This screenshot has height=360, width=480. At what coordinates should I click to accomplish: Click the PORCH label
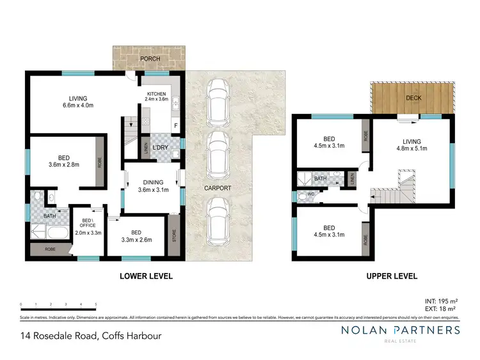pos(150,59)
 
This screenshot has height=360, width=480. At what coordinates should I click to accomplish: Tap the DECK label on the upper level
pos(413,98)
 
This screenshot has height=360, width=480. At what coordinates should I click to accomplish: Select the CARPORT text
pos(218,189)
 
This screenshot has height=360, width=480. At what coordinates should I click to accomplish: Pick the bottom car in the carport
pos(218,221)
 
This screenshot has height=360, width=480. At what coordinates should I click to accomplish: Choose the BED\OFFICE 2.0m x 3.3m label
pos(88,228)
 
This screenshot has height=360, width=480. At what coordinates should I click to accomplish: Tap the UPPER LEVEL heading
pos(392,276)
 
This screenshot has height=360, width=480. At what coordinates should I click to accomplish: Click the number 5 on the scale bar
pos(96,304)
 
